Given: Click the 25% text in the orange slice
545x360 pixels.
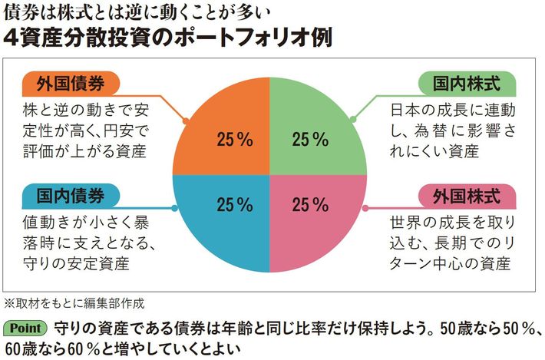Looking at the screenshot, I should coord(235,140).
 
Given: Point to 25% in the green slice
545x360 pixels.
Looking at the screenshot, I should coord(310,140).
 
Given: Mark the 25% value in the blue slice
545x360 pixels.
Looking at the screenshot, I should coord(235,205).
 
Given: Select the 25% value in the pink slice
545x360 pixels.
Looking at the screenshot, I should coord(310,205).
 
